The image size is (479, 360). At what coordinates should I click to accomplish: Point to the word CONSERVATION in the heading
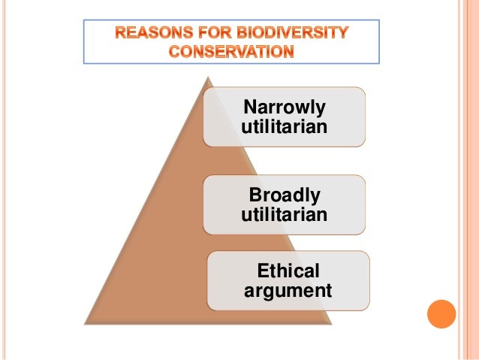(231, 51)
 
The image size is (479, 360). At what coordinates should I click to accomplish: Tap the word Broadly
(285, 196)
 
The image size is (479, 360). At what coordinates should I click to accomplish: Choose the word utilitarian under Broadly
(285, 216)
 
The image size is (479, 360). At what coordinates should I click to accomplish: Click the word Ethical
(288, 271)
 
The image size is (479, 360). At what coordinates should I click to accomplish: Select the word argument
(288, 290)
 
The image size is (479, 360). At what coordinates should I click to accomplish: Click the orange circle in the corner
(441, 314)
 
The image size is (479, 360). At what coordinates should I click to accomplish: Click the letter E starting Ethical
(262, 271)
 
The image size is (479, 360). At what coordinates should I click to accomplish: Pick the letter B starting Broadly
(255, 196)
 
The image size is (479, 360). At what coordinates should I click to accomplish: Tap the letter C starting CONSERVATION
(173, 51)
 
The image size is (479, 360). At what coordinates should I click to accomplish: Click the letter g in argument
(273, 292)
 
